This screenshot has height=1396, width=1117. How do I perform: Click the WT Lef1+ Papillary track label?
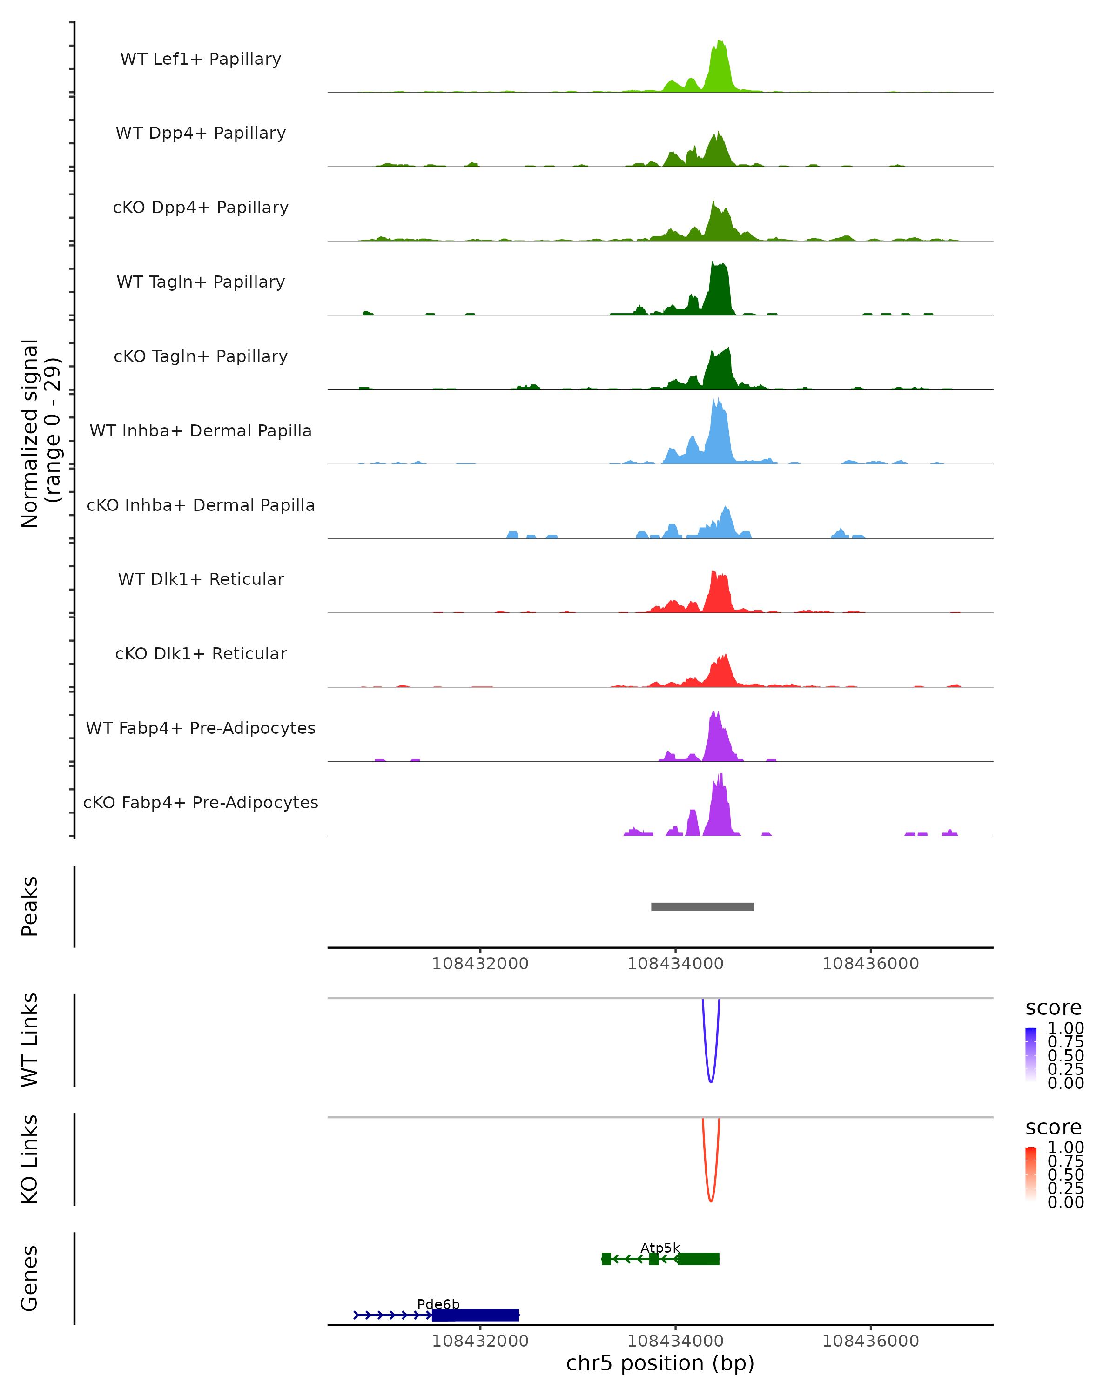coord(201,59)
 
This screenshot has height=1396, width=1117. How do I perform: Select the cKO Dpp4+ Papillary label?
coord(201,208)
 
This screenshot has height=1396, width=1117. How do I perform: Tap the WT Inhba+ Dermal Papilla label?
coord(201,431)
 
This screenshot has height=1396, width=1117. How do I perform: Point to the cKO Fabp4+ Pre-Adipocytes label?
coord(201,803)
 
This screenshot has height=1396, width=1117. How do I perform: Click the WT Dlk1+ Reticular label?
coord(201,579)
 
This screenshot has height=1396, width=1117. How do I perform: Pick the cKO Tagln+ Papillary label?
coord(201,357)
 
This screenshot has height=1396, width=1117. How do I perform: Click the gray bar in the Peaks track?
coord(703,906)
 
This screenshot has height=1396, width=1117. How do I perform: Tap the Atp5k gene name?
coord(660,1248)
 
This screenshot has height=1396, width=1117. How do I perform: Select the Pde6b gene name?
coord(438,1304)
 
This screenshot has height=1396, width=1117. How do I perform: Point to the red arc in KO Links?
coord(711,1199)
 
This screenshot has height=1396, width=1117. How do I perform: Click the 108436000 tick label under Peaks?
coord(870,964)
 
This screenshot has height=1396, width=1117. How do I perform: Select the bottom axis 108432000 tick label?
coord(480,1341)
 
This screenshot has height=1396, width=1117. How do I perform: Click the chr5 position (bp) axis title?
coord(660,1363)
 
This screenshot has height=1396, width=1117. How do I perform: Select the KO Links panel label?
coord(30,1159)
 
